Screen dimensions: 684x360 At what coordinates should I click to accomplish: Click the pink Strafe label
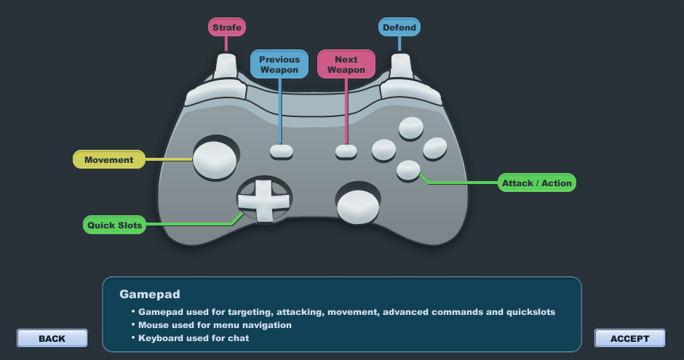227,27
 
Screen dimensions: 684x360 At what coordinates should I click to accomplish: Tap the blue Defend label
399,27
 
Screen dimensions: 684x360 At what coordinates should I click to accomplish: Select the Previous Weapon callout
279,65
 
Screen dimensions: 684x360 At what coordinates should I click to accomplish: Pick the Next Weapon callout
346,65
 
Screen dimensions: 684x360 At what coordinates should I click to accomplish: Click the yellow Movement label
109,159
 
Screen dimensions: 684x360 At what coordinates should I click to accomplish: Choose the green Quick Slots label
115,225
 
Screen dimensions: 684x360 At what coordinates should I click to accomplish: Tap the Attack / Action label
536,183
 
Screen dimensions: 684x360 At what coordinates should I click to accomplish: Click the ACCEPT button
630,339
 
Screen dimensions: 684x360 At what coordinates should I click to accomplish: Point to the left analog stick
215,159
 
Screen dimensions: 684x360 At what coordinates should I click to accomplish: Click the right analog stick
358,207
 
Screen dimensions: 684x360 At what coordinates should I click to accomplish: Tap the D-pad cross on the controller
263,201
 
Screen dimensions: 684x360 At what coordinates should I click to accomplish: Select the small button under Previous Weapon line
282,151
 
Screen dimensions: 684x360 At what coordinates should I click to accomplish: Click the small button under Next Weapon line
346,151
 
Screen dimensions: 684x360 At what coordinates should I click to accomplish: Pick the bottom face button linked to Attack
408,170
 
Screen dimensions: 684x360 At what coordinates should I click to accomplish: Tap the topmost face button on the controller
411,128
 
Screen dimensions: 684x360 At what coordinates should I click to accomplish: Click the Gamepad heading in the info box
150,295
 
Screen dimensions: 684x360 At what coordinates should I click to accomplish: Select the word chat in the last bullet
238,337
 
